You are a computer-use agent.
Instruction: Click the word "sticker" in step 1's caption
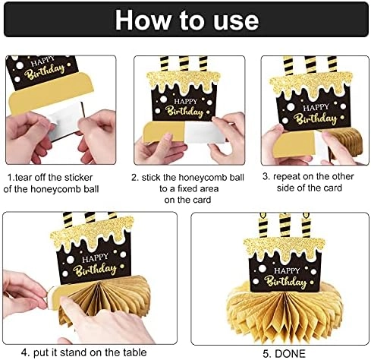coord(78,178)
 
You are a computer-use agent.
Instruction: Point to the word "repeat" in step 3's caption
coord(287,177)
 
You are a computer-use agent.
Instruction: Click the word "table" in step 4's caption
coord(135,352)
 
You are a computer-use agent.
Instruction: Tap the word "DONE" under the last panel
coord(291,353)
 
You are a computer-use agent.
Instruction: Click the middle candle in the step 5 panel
coord(285,225)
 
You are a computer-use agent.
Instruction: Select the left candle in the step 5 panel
coord(263,225)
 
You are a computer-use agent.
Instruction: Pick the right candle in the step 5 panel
coord(306,225)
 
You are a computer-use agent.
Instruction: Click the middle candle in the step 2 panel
coord(184,64)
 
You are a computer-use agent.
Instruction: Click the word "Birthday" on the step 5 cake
coord(285,282)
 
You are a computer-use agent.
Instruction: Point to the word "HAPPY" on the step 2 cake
coord(185,101)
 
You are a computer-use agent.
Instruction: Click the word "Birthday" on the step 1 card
coord(44,72)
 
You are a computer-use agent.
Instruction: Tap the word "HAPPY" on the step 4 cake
coord(95,257)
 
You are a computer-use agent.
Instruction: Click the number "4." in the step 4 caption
coord(26,352)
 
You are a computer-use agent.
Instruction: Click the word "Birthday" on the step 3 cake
coord(315,118)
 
